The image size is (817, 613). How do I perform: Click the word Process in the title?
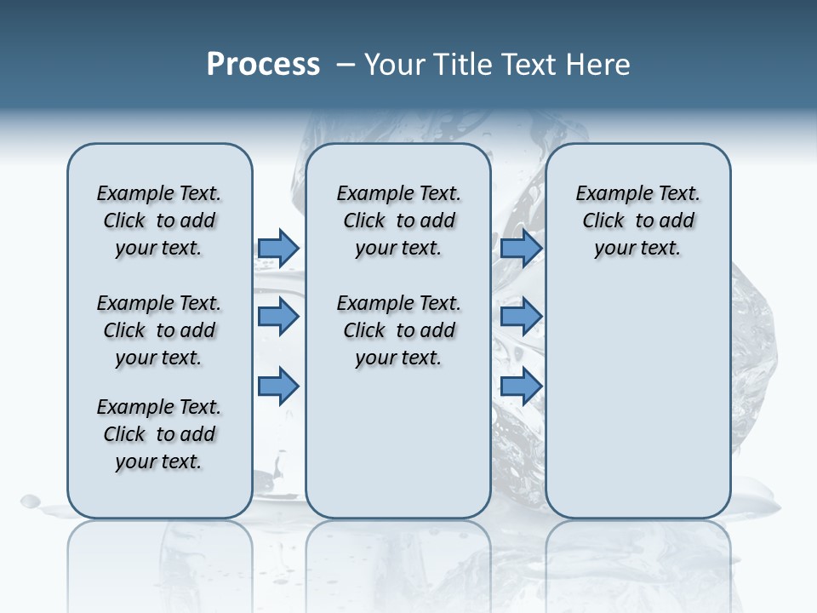pos(263,64)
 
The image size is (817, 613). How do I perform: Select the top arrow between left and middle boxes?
pos(278,248)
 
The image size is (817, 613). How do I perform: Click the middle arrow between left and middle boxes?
pos(278,317)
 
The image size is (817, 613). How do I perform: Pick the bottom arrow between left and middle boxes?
pos(278,386)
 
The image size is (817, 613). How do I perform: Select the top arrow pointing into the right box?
pos(521,248)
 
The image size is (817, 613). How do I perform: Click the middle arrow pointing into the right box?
pos(521,317)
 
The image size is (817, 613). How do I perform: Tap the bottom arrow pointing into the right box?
pos(521,386)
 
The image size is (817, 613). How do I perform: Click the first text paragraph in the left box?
pos(159,221)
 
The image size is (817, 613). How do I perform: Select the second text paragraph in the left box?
pos(159,330)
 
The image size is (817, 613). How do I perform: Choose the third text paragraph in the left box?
pos(159,434)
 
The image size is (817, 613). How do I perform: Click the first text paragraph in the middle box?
pos(398,221)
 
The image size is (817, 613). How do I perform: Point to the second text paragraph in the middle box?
pos(398,330)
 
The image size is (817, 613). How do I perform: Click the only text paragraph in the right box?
pos(637,221)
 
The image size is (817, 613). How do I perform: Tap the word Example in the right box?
pos(607,194)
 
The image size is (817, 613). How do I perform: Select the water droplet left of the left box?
pos(30,501)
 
